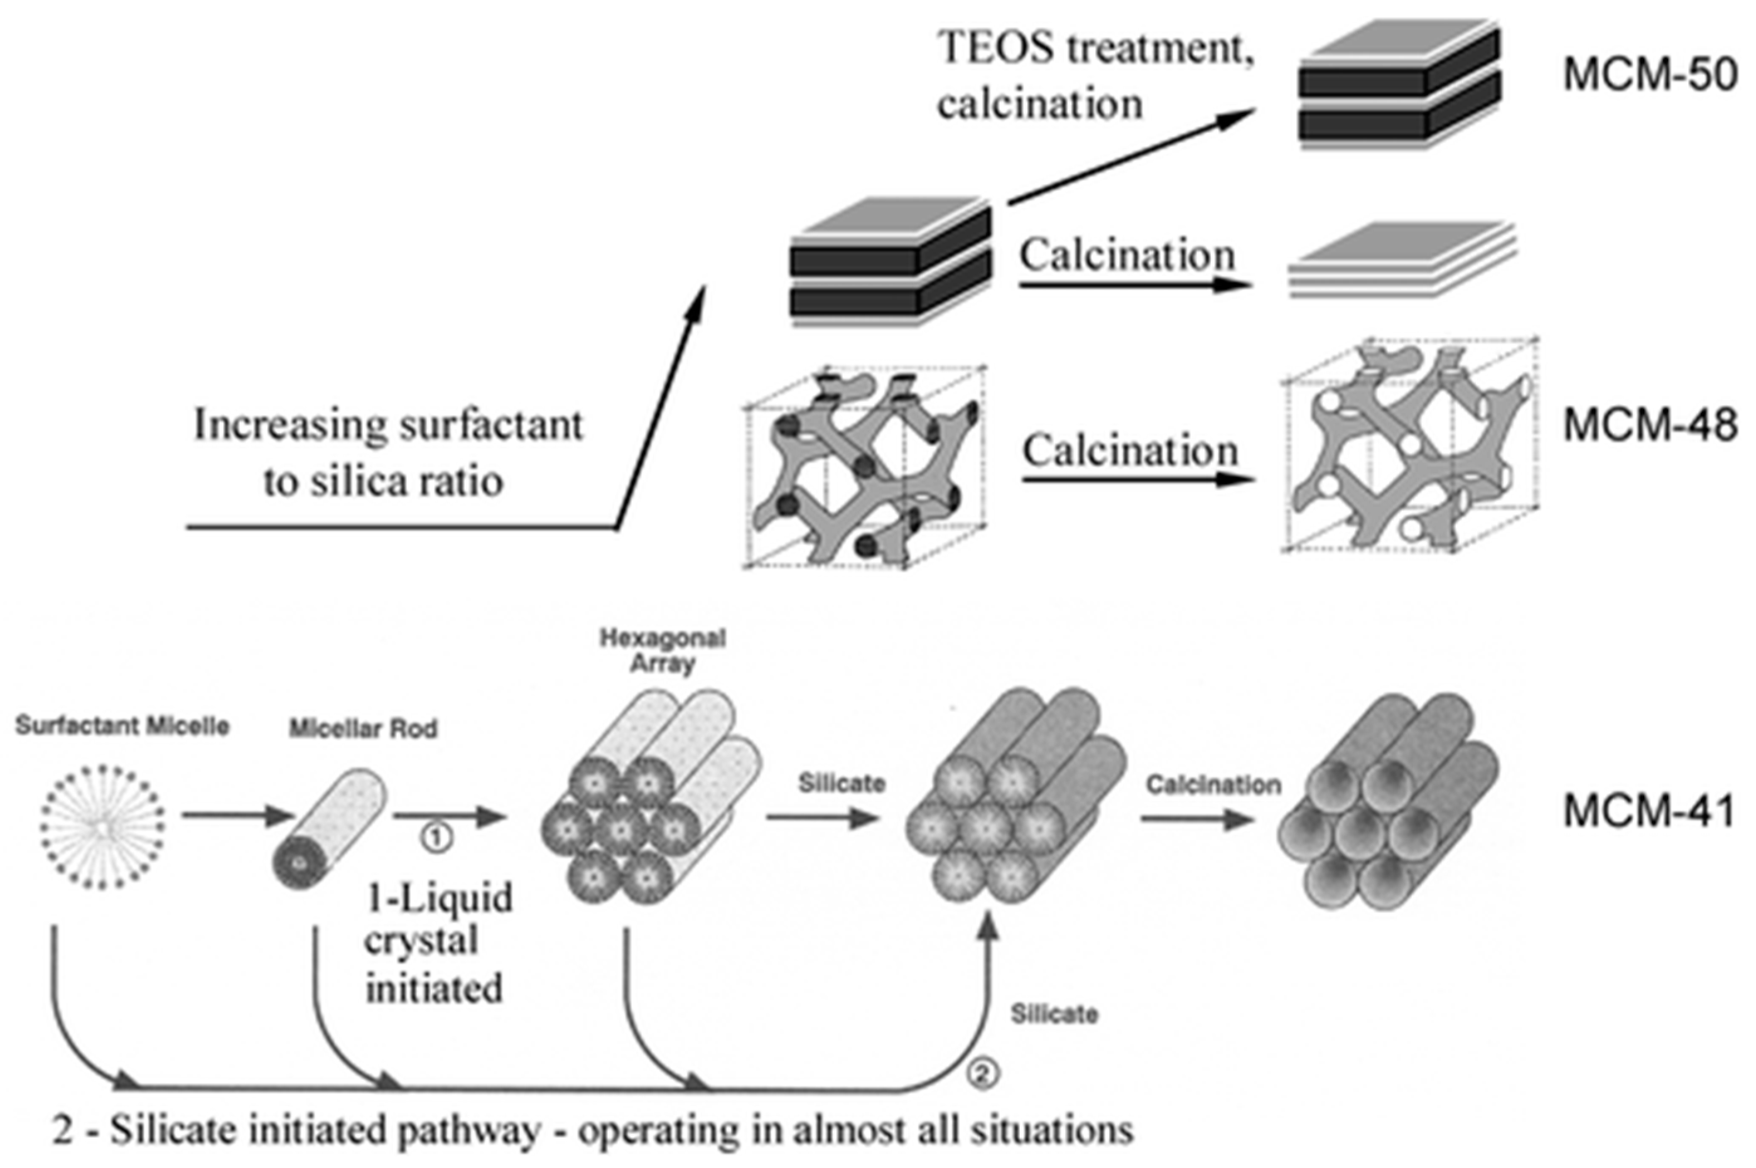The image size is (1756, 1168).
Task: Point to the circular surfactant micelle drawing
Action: [x=103, y=826]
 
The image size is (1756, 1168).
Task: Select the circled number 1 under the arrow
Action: [x=436, y=838]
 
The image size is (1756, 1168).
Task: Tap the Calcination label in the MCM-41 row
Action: [x=1213, y=784]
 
